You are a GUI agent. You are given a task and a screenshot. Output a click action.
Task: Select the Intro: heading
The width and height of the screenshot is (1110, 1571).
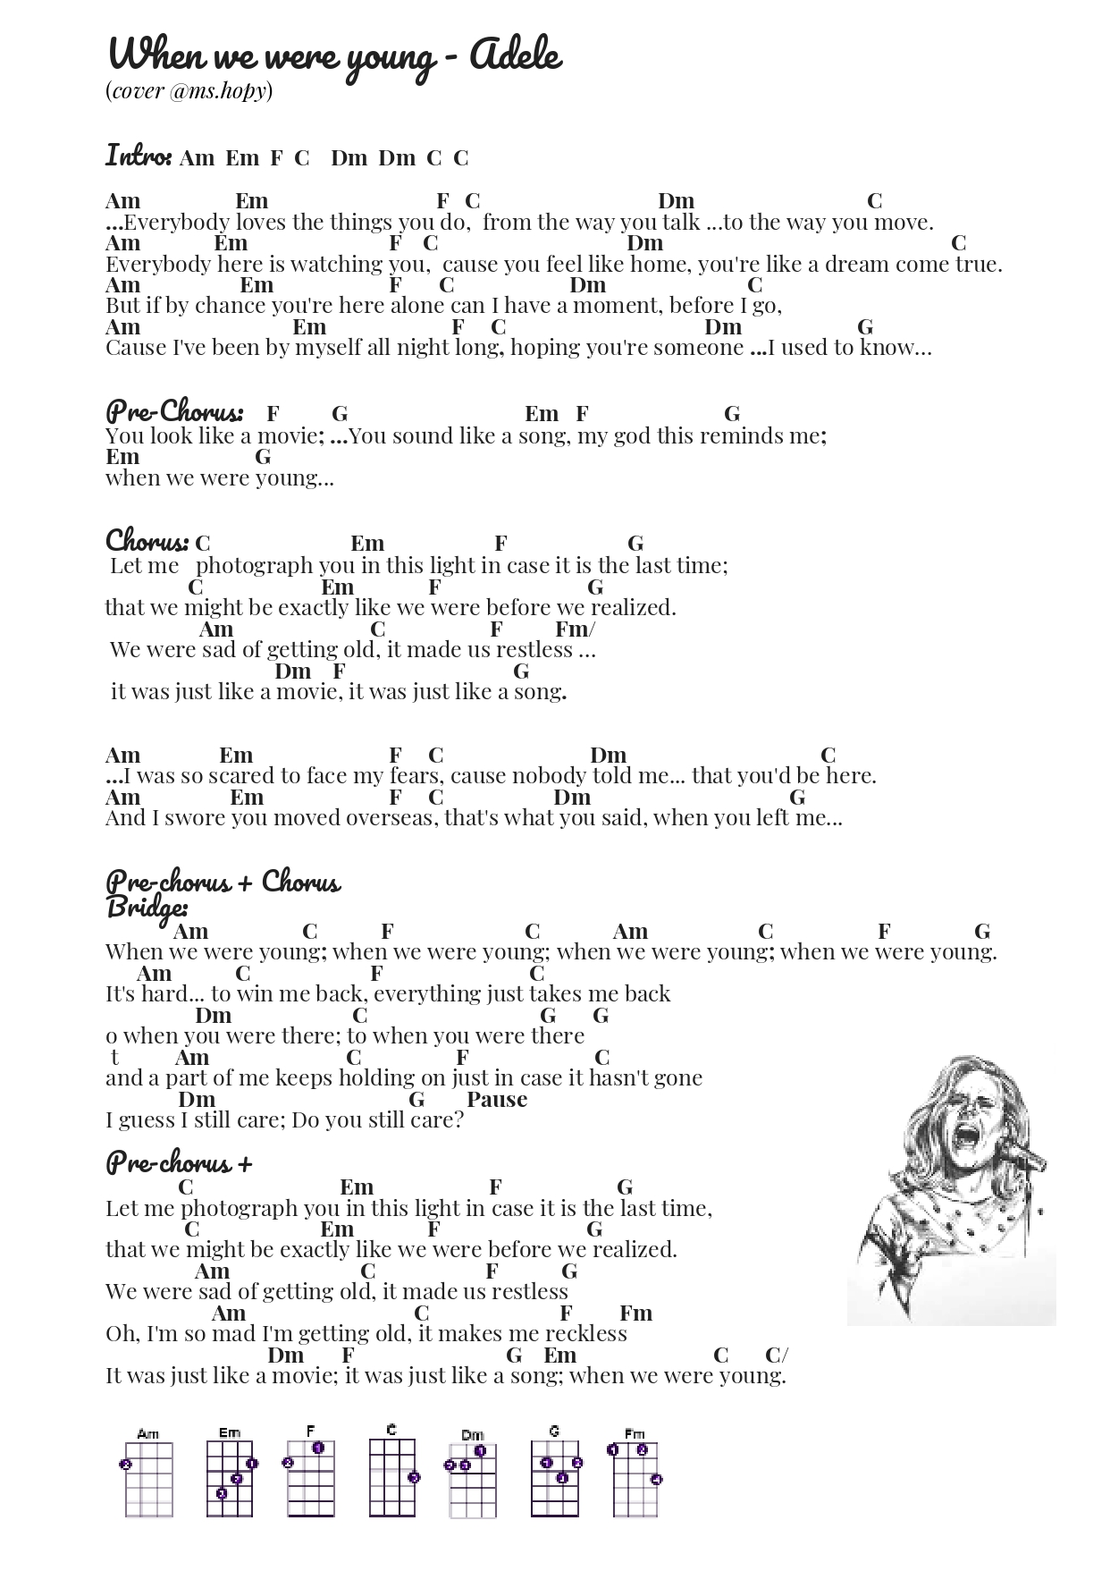tap(138, 156)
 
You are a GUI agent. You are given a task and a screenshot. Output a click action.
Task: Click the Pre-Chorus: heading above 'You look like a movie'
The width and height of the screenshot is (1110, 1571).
tap(173, 412)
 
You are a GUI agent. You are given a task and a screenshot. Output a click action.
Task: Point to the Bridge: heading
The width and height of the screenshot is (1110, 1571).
tap(147, 908)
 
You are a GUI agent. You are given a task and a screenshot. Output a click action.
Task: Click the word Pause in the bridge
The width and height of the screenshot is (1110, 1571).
tap(497, 1099)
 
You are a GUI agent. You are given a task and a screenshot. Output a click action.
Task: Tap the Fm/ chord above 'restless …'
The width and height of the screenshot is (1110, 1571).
tap(575, 629)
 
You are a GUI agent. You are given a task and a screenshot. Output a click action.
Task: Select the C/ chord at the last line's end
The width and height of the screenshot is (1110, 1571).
tap(776, 1355)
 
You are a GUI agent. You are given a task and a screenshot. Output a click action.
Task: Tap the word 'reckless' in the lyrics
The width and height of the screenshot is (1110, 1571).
tap(586, 1334)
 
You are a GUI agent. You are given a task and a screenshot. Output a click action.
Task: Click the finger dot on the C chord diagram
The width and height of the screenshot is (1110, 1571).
tap(414, 1477)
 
